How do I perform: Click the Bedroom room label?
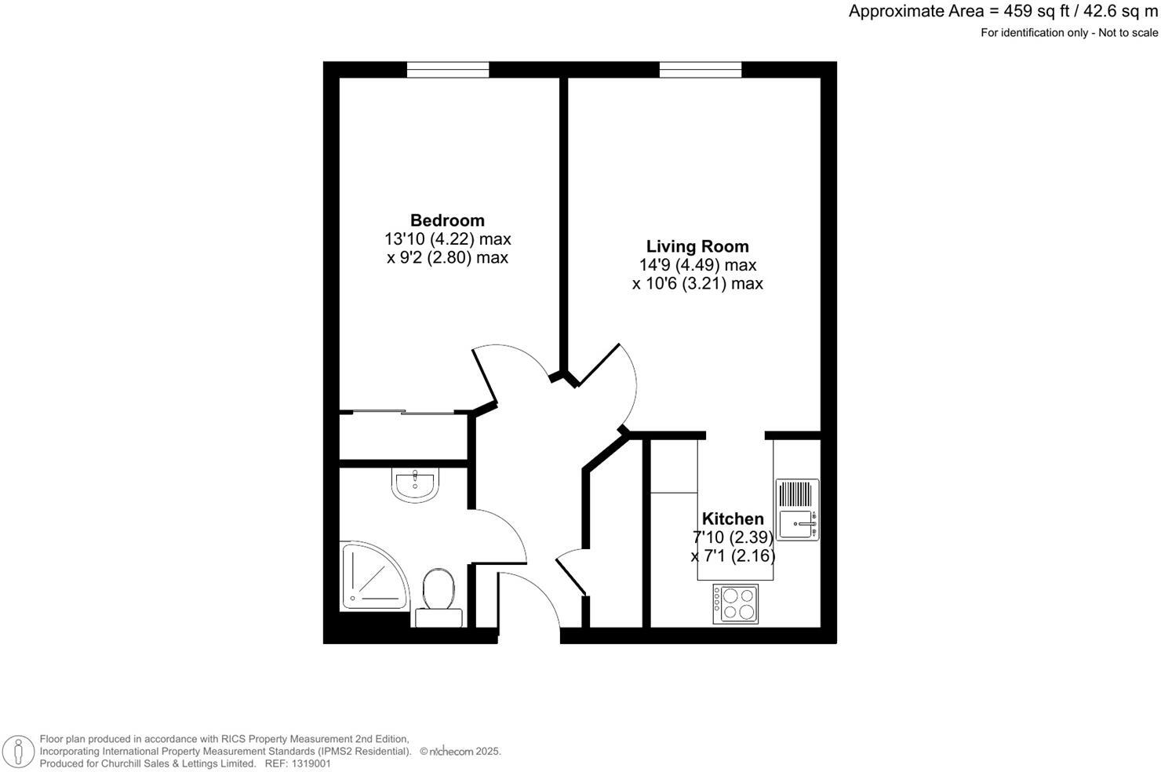pyautogui.click(x=447, y=220)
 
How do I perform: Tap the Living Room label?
pyautogui.click(x=697, y=246)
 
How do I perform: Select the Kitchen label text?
pyautogui.click(x=733, y=519)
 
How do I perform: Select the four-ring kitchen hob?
pyautogui.click(x=736, y=604)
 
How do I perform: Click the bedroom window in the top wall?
pyautogui.click(x=447, y=70)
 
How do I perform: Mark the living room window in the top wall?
pyautogui.click(x=701, y=70)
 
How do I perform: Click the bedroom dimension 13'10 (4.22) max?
pyautogui.click(x=447, y=239)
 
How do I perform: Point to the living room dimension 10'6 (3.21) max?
pyautogui.click(x=697, y=284)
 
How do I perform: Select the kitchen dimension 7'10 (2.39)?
pyautogui.click(x=733, y=537)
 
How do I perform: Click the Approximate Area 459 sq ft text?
pyautogui.click(x=1003, y=12)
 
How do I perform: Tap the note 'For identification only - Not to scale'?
pyautogui.click(x=1068, y=33)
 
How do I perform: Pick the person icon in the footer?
pyautogui.click(x=16, y=751)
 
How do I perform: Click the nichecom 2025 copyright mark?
pyautogui.click(x=460, y=752)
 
